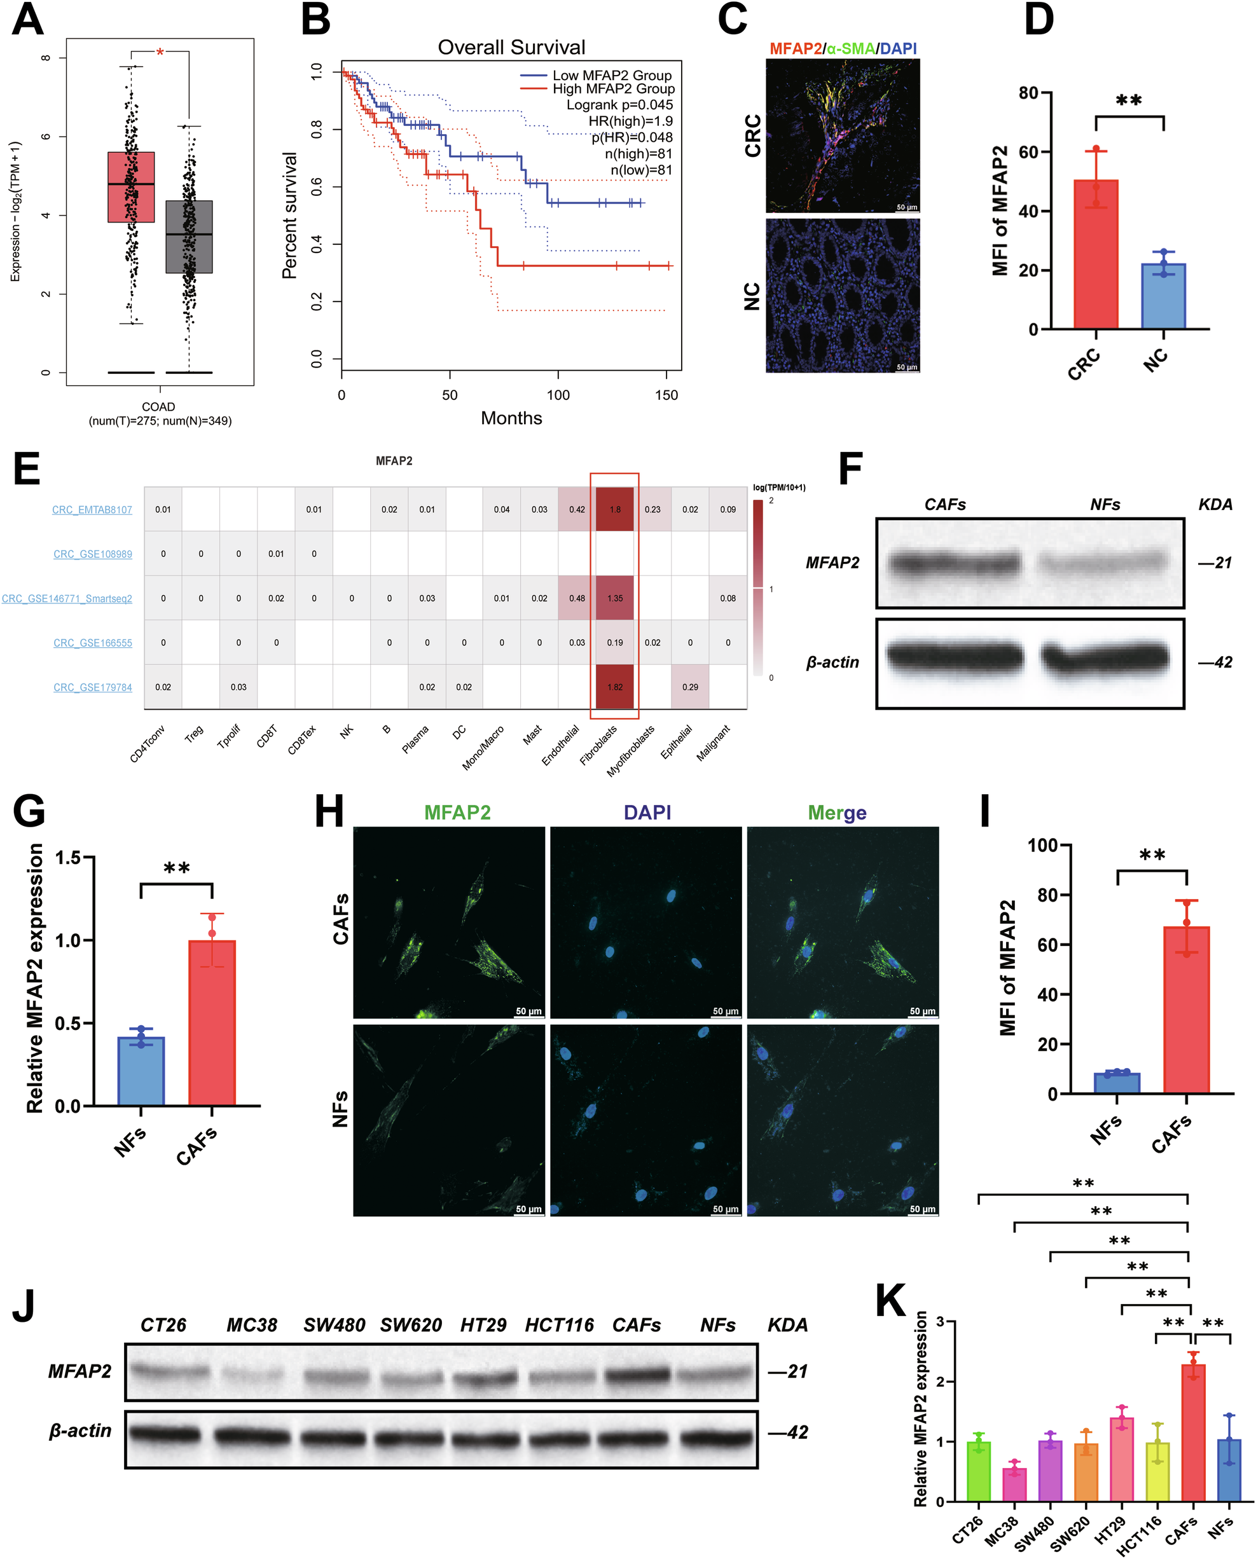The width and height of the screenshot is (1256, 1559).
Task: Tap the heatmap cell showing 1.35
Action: (614, 598)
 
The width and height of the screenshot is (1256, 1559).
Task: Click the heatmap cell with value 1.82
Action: (614, 687)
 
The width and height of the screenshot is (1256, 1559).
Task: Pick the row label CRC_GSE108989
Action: (93, 554)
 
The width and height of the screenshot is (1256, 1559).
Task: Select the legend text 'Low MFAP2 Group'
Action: (611, 75)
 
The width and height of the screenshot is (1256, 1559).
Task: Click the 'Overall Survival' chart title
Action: (511, 48)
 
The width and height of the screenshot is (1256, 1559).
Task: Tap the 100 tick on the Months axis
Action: (558, 395)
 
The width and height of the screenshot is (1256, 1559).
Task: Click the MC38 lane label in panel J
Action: (252, 1324)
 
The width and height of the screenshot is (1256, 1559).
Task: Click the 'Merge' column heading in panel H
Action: (837, 813)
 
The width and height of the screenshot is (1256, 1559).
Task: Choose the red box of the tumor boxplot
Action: (131, 187)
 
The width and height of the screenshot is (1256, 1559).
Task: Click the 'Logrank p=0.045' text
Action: (619, 105)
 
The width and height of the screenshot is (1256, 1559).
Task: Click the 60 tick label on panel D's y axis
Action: (1028, 152)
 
